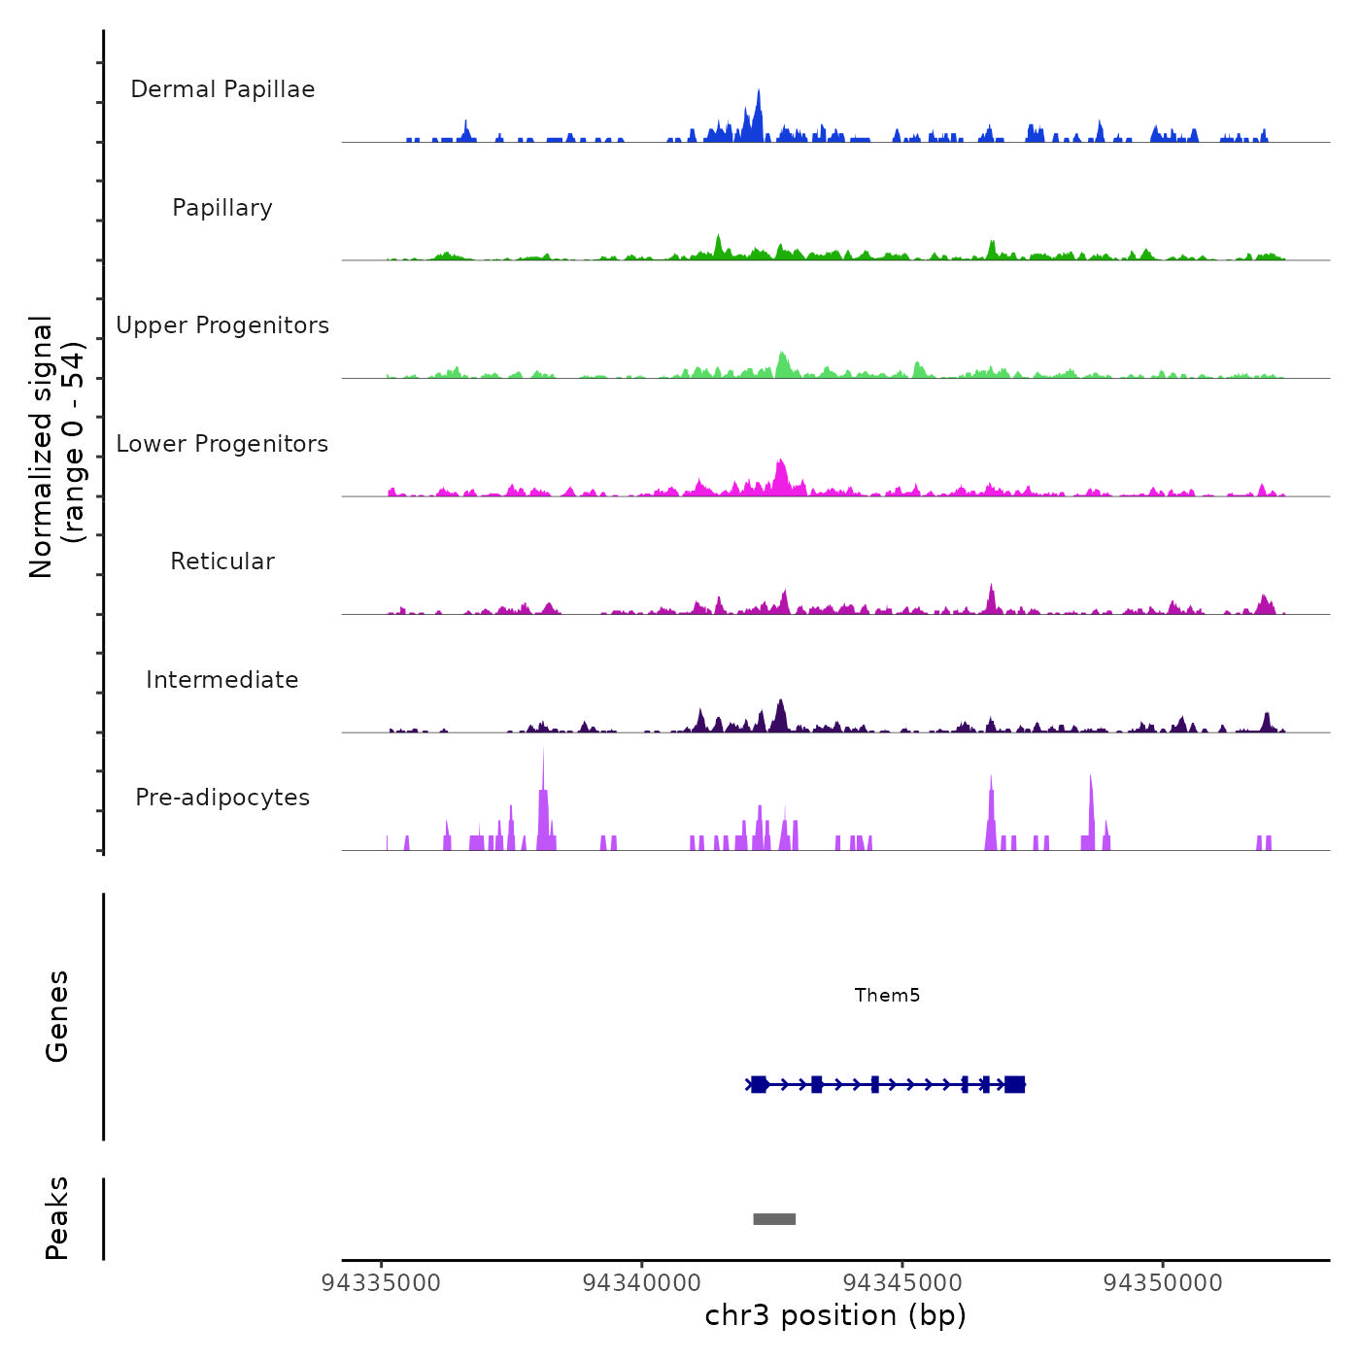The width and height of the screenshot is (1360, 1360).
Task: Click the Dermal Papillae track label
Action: pyautogui.click(x=222, y=89)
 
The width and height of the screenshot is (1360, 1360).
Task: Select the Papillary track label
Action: pyautogui.click(x=222, y=208)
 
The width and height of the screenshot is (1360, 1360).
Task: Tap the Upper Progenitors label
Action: pyautogui.click(x=222, y=325)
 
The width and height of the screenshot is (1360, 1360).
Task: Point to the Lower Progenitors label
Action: pyautogui.click(x=222, y=444)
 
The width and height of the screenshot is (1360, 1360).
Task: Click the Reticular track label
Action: pyautogui.click(x=222, y=561)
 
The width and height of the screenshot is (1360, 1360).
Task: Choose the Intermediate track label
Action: pyautogui.click(x=222, y=680)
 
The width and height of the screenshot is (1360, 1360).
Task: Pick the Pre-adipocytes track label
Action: pyautogui.click(x=222, y=798)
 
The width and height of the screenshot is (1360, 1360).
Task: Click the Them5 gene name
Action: pyautogui.click(x=887, y=995)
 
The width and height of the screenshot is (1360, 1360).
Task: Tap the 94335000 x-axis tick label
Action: pyautogui.click(x=381, y=1283)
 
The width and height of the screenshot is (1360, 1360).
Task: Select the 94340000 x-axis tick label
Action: pyautogui.click(x=641, y=1283)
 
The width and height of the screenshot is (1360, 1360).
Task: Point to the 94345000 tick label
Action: pyautogui.click(x=902, y=1283)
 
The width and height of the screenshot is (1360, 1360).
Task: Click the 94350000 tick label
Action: pyautogui.click(x=1163, y=1283)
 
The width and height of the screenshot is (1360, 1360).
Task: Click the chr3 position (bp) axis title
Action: pyautogui.click(x=835, y=1315)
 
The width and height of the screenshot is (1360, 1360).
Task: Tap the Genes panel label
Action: pyautogui.click(x=57, y=1016)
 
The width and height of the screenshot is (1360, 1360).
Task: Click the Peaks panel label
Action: pyautogui.click(x=57, y=1218)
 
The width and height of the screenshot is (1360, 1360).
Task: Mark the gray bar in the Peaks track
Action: pyautogui.click(x=774, y=1219)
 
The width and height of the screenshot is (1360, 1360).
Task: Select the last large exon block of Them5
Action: pyautogui.click(x=1015, y=1084)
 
